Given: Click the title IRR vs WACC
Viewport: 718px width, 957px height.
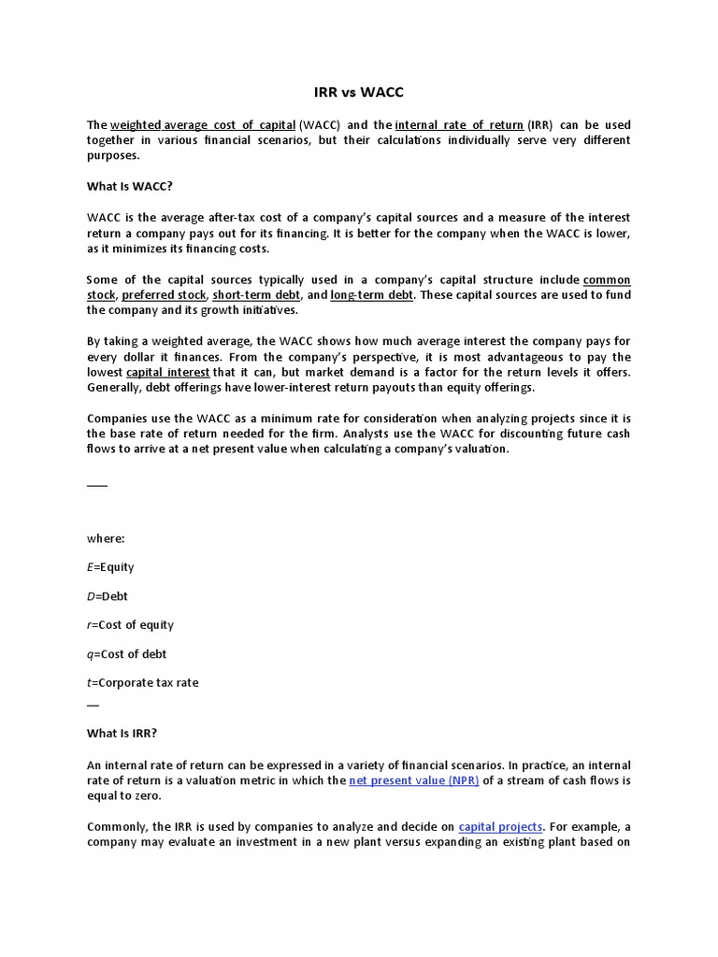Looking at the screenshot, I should [358, 94].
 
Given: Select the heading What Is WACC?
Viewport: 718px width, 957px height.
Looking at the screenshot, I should [129, 186].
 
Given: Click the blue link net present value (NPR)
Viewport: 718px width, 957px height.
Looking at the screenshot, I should [414, 780].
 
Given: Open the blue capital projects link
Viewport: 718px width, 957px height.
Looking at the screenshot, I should [500, 826].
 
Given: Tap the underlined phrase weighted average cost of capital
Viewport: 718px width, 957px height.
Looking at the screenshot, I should [203, 125].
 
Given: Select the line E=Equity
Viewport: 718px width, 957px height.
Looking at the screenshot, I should [110, 567].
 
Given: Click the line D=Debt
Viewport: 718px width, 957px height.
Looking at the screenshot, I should [108, 595].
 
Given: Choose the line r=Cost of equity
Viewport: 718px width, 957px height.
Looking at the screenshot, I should [130, 624].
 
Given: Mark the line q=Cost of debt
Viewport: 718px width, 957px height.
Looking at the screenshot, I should [126, 653].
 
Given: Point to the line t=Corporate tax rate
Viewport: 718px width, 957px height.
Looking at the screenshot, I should [142, 682].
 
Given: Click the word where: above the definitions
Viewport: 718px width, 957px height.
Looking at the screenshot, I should [105, 538].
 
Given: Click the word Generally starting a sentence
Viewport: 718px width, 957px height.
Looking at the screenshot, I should [114, 387].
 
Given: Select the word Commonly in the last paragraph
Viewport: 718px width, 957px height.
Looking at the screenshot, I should [119, 826].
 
